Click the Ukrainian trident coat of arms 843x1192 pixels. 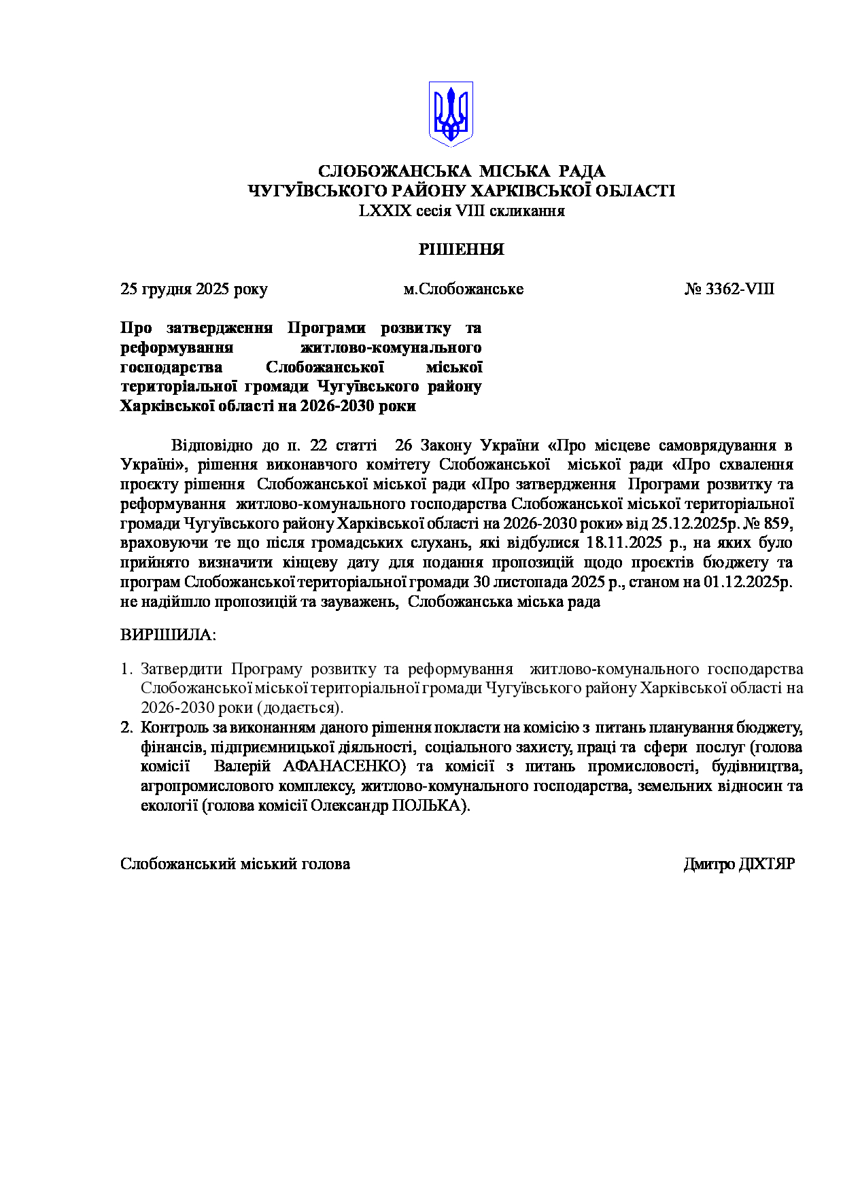click(450, 114)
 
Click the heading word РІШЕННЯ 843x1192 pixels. click(461, 249)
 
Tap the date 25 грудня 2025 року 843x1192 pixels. click(194, 289)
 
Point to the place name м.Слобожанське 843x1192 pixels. click(463, 289)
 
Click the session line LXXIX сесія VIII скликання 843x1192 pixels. click(462, 211)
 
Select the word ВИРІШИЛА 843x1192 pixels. click(168, 635)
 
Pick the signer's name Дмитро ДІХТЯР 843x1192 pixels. click(739, 864)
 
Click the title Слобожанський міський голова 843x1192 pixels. click(235, 864)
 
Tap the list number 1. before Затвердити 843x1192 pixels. click(126, 669)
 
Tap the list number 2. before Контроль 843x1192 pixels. click(126, 728)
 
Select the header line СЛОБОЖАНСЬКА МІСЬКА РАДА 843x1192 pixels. click(462, 171)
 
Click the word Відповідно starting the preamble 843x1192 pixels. click(211, 446)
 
